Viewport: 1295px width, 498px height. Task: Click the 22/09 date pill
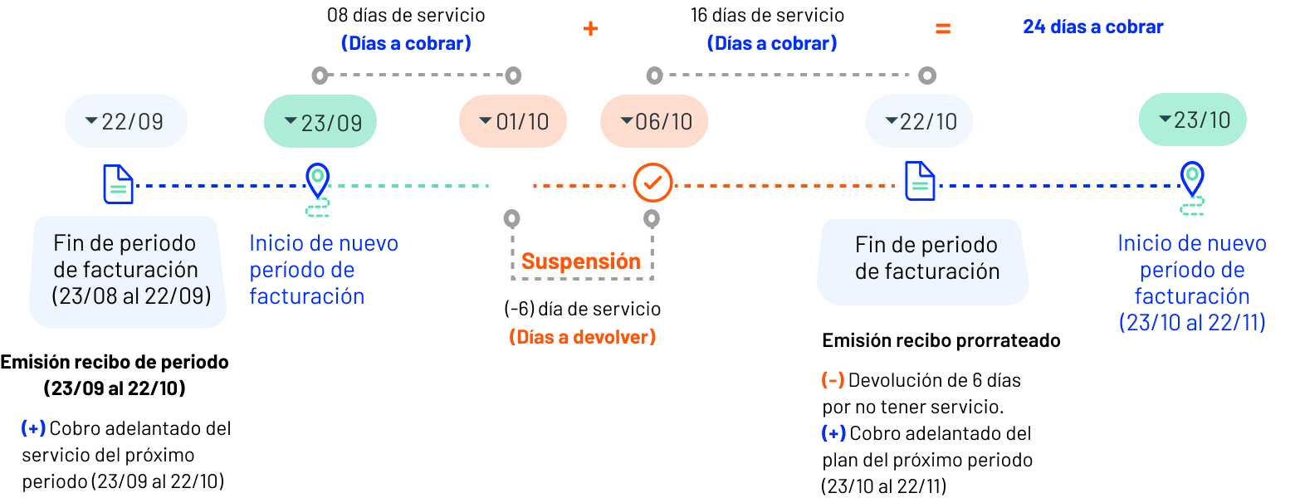(126, 121)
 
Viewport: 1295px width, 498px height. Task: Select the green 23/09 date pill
(320, 122)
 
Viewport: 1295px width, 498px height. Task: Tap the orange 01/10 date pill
(513, 121)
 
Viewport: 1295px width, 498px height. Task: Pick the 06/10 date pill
(654, 121)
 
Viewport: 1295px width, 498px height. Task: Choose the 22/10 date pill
(919, 121)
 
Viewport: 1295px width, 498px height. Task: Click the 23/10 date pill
(1193, 120)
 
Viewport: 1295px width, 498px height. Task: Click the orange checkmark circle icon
(652, 183)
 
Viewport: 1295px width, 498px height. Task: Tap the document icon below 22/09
(118, 183)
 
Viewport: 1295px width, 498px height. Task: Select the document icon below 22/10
(920, 181)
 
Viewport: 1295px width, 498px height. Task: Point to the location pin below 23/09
(317, 179)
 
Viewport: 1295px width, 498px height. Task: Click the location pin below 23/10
(1192, 178)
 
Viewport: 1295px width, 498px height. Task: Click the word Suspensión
(581, 261)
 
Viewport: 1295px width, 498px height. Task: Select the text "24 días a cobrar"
(1092, 27)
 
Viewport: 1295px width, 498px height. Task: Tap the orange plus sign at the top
(590, 28)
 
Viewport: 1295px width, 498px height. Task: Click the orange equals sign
(943, 28)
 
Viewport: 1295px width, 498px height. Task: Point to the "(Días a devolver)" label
(582, 337)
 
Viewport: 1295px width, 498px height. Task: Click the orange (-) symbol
(833, 379)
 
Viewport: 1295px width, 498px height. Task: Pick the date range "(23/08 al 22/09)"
(131, 296)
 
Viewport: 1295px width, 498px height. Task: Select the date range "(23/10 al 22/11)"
(1192, 323)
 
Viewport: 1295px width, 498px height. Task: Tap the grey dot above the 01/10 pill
(514, 76)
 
